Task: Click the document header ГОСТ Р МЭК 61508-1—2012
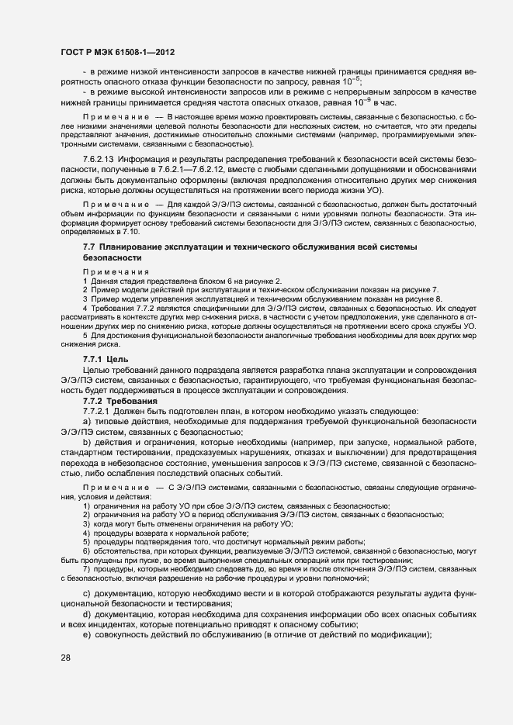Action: (x=117, y=52)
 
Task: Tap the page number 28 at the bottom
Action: (x=65, y=658)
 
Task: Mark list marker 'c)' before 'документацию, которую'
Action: (x=87, y=593)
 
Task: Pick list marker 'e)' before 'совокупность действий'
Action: (x=87, y=635)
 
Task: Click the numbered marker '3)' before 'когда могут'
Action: (x=86, y=524)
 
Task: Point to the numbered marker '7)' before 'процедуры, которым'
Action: (x=86, y=569)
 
